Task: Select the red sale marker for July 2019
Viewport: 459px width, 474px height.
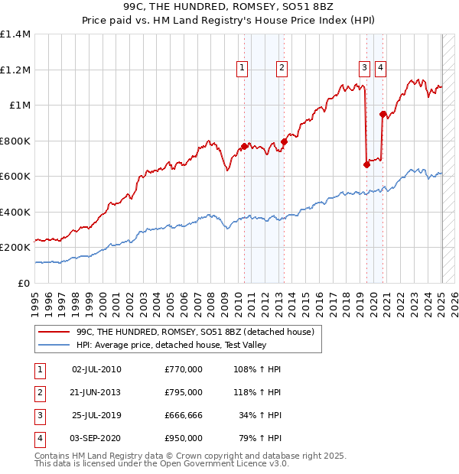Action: (x=366, y=164)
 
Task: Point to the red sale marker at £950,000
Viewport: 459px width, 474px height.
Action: (x=382, y=115)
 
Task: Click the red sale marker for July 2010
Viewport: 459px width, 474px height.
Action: (x=244, y=146)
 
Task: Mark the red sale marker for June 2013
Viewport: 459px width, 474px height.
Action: (x=284, y=141)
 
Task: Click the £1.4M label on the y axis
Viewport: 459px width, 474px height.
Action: (x=15, y=34)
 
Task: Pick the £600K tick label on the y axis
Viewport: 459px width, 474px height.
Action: (x=15, y=176)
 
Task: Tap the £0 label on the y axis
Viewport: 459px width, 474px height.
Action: (x=23, y=283)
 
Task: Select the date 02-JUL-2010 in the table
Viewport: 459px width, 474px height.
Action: (x=96, y=369)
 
